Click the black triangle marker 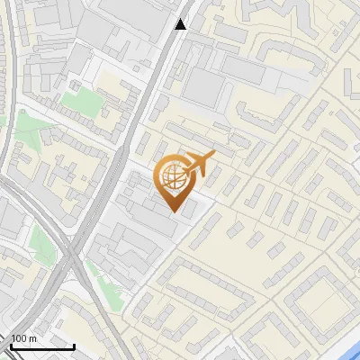[181, 24]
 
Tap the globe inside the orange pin [173, 179]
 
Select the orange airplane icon [200, 165]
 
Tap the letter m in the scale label [33, 338]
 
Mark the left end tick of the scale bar [11, 345]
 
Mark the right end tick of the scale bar [74, 345]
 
